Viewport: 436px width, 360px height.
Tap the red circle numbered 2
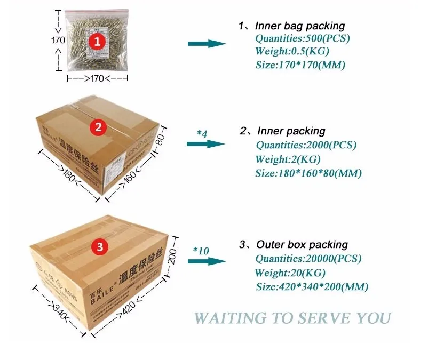[x=98, y=126]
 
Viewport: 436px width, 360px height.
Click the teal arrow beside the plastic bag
[x=208, y=44]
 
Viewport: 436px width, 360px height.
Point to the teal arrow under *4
[x=206, y=144]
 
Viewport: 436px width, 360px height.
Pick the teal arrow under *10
[x=207, y=261]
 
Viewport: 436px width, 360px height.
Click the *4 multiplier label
[x=202, y=133]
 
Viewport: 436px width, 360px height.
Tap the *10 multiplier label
[x=201, y=250]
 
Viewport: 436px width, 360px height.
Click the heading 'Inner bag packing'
[x=299, y=26]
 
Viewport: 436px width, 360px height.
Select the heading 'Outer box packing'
[x=302, y=244]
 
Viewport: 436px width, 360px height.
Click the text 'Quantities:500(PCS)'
[x=303, y=38]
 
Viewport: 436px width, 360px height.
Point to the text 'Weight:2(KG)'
[x=288, y=159]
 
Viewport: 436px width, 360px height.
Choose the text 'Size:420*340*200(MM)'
[x=312, y=286]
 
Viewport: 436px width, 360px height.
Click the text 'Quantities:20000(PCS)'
[x=308, y=259]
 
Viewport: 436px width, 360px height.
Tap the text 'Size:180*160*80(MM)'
[x=308, y=173]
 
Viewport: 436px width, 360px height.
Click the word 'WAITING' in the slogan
[x=230, y=317]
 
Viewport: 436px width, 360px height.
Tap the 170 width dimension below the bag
[x=97, y=79]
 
